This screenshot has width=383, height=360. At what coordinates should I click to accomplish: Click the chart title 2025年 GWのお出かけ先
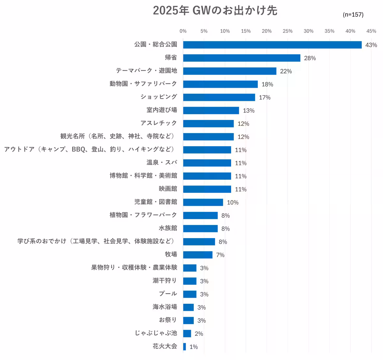(215, 11)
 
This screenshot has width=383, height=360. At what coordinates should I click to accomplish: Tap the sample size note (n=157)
(353, 15)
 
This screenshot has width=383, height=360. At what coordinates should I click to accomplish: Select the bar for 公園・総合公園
(272, 45)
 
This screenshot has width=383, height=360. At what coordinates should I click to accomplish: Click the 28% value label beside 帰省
(310, 58)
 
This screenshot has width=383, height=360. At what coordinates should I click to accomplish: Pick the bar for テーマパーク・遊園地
(229, 71)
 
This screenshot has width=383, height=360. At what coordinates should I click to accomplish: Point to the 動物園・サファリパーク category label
(143, 84)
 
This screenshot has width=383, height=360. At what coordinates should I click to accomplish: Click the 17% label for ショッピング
(265, 98)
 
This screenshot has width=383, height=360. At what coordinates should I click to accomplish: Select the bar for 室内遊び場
(211, 110)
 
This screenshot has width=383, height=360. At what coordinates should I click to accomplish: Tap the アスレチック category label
(158, 123)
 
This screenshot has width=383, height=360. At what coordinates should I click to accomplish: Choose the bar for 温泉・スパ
(207, 163)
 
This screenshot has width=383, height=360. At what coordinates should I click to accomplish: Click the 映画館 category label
(168, 189)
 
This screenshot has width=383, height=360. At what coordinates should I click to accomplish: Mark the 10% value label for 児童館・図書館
(233, 203)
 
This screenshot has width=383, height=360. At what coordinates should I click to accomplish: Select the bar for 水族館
(200, 229)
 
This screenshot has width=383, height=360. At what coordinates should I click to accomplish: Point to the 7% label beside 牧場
(220, 255)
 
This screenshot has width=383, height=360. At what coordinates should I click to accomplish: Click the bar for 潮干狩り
(190, 281)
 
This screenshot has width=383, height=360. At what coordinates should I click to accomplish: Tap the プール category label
(168, 294)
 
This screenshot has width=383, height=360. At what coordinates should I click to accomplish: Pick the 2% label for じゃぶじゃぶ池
(199, 334)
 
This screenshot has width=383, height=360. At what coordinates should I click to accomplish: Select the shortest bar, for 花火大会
(184, 347)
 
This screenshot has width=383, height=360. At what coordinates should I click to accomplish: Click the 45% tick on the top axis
(371, 31)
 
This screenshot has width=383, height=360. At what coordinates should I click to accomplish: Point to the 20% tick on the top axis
(267, 31)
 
